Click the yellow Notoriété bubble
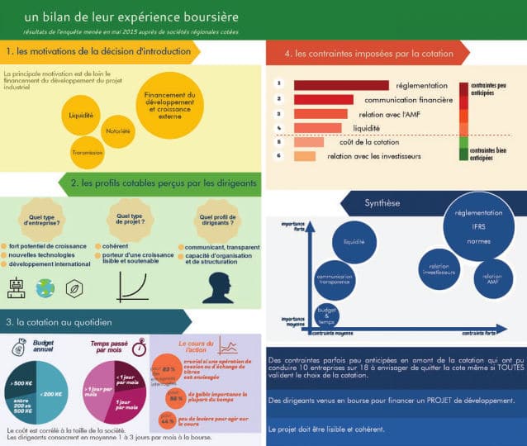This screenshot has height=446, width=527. click(118, 130)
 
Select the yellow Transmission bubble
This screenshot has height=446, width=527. click(87, 152)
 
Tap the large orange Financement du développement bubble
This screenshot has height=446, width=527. click(169, 106)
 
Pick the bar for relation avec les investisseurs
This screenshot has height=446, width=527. click(304, 155)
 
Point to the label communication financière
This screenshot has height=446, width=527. click(408, 100)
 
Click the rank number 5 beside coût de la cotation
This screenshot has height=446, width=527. click(279, 141)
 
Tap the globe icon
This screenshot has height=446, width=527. click(45, 287)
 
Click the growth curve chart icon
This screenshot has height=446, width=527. click(131, 287)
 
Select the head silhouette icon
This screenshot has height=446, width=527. click(217, 287)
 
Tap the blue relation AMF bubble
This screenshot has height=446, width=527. click(492, 280)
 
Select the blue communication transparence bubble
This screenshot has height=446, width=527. click(335, 279)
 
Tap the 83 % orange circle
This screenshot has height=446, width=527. click(167, 368)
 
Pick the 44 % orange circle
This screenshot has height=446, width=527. click(166, 421)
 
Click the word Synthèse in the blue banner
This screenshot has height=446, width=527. click(382, 203)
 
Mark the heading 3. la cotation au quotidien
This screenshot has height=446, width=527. click(59, 322)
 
